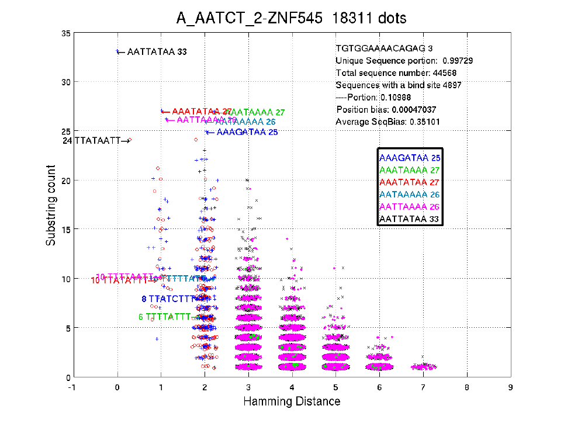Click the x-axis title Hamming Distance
[291, 401]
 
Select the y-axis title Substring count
[51, 205]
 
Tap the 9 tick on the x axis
[510, 387]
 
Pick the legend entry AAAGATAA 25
[410, 158]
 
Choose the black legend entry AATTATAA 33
[410, 220]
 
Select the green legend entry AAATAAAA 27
[410, 170]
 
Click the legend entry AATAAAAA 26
[410, 195]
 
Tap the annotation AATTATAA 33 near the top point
[157, 52]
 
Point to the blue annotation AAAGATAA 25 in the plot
[247, 133]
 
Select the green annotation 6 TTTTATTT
[165, 317]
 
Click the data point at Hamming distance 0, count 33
[117, 51]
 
